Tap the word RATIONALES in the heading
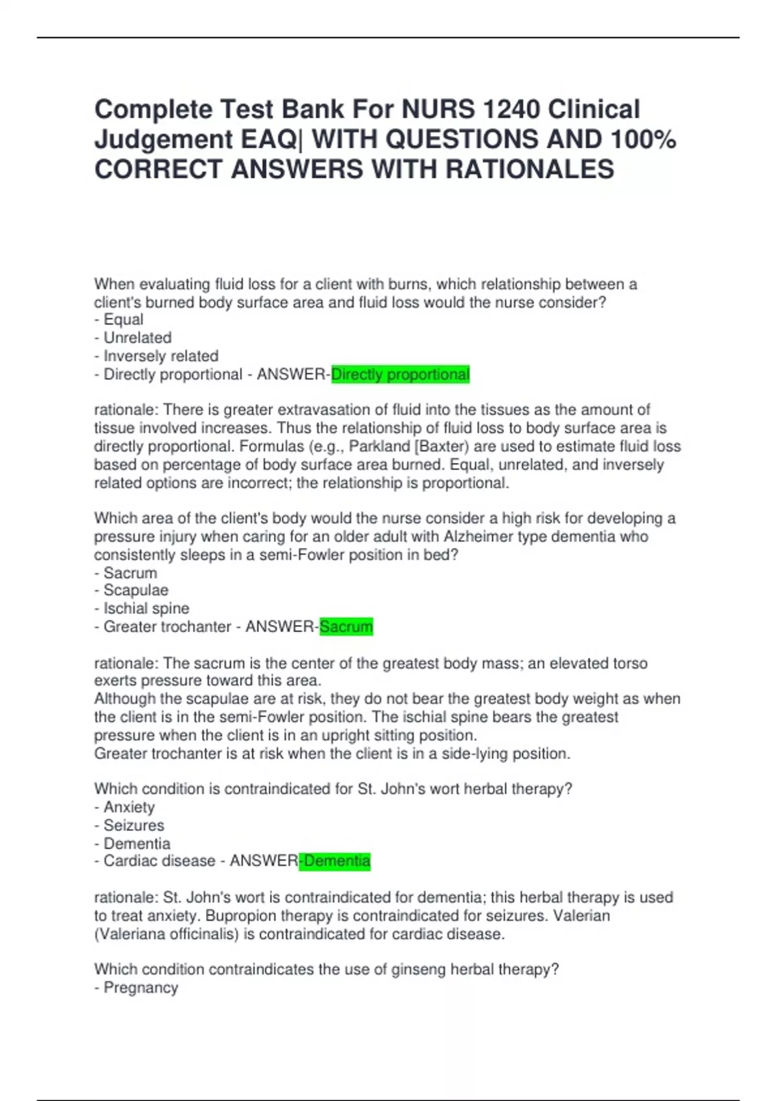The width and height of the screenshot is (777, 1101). click(529, 169)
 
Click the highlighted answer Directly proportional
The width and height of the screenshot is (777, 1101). click(400, 374)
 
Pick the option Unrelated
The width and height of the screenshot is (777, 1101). click(137, 338)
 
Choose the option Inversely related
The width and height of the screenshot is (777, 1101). click(161, 356)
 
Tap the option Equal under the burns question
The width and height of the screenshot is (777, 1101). click(124, 320)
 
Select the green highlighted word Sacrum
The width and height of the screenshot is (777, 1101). click(346, 627)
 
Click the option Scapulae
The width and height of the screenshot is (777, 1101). click(136, 591)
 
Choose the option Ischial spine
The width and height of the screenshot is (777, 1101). click(146, 609)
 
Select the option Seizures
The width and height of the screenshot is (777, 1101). click(134, 826)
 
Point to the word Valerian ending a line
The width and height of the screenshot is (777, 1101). click(581, 916)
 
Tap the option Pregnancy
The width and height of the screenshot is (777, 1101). click(141, 988)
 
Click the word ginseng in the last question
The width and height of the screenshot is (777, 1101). click(416, 970)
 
